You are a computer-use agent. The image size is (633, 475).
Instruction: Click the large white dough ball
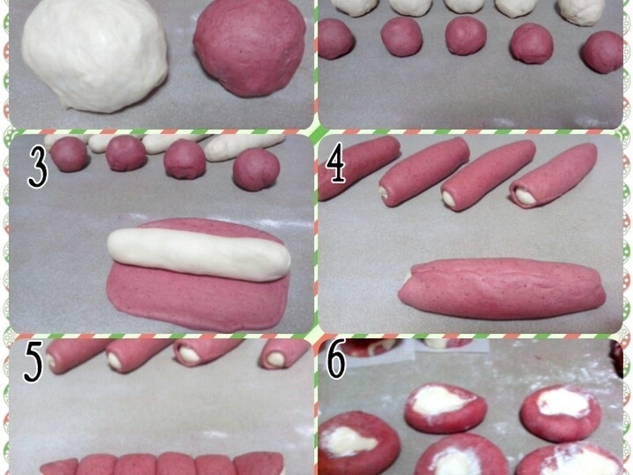94,55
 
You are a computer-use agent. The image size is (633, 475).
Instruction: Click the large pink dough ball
249,47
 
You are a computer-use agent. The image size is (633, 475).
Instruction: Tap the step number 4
335,162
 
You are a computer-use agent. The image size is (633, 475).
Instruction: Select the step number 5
33,363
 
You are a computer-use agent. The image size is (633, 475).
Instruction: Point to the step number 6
335,359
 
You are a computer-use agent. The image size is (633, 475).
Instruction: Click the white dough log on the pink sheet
199,254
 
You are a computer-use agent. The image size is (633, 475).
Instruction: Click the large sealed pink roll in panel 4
502,288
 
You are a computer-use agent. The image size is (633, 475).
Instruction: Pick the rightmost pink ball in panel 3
256,169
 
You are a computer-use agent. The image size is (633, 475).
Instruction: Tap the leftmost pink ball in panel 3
69,154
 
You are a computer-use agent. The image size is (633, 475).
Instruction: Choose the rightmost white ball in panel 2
582,11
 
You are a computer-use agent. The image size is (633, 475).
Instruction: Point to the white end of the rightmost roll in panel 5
276,359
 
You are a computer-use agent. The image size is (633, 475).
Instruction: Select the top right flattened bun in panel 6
560,412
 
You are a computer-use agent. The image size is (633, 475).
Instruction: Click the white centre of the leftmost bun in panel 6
350,440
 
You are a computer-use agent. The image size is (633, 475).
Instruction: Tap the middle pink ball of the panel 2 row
465,36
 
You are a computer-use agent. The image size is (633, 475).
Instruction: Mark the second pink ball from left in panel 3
126,153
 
